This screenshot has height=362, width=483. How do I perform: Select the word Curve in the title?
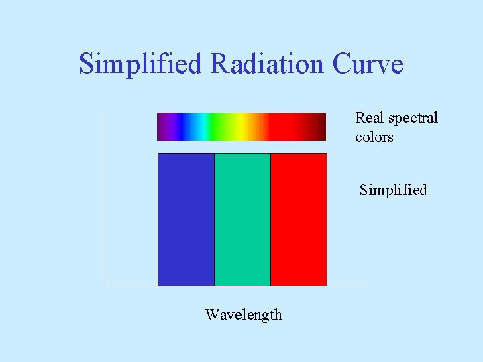(x=368, y=64)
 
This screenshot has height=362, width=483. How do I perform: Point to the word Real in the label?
(x=369, y=118)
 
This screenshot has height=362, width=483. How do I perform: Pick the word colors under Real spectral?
(x=374, y=137)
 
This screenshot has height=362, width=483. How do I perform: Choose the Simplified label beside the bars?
(x=393, y=190)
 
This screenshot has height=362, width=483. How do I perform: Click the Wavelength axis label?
(x=244, y=314)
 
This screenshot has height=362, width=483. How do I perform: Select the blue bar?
(x=186, y=219)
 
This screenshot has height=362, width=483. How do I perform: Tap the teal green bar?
(x=242, y=219)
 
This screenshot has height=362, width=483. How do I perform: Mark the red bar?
(x=299, y=219)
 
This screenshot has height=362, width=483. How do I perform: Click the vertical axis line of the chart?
(x=105, y=201)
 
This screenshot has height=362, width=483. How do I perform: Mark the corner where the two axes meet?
(x=105, y=286)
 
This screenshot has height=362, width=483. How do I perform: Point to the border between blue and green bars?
(x=214, y=219)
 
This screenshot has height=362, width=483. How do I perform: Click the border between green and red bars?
(x=270, y=219)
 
